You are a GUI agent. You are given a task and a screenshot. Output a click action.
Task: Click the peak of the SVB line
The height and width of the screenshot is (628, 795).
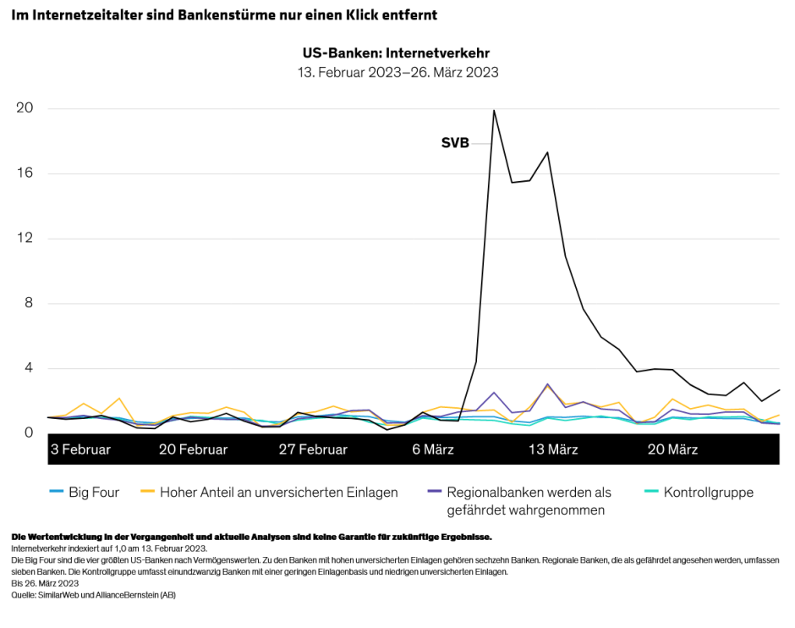point(494,110)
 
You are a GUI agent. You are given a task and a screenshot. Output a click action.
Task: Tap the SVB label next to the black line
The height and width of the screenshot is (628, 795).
point(455,143)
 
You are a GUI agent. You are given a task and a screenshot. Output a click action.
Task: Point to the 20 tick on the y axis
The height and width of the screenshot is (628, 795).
point(25,108)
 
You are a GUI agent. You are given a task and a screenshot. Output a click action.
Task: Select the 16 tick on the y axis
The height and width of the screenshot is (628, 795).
point(25,174)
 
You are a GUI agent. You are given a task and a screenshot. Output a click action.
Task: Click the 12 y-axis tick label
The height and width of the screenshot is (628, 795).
point(25,238)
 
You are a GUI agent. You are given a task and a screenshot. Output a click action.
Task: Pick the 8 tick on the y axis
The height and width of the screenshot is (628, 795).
point(29,303)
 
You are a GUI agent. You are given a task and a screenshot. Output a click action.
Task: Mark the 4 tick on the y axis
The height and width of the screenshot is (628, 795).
point(29,368)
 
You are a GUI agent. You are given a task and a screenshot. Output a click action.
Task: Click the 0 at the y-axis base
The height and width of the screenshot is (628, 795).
point(29,432)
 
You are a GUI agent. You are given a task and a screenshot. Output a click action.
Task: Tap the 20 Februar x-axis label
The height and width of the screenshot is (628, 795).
point(193,449)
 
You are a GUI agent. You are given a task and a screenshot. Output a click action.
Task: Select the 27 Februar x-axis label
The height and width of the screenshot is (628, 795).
point(313,449)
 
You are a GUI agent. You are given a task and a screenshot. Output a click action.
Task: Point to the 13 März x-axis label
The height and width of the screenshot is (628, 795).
point(553,449)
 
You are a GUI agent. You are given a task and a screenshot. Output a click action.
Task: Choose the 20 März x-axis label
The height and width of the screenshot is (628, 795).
point(672,449)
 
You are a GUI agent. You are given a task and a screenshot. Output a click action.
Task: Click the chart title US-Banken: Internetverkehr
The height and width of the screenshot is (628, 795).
point(397,53)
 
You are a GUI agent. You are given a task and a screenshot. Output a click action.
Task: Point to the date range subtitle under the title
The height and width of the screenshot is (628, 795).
point(397,73)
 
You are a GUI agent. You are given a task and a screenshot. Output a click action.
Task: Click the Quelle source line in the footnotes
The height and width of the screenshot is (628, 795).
point(93,595)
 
